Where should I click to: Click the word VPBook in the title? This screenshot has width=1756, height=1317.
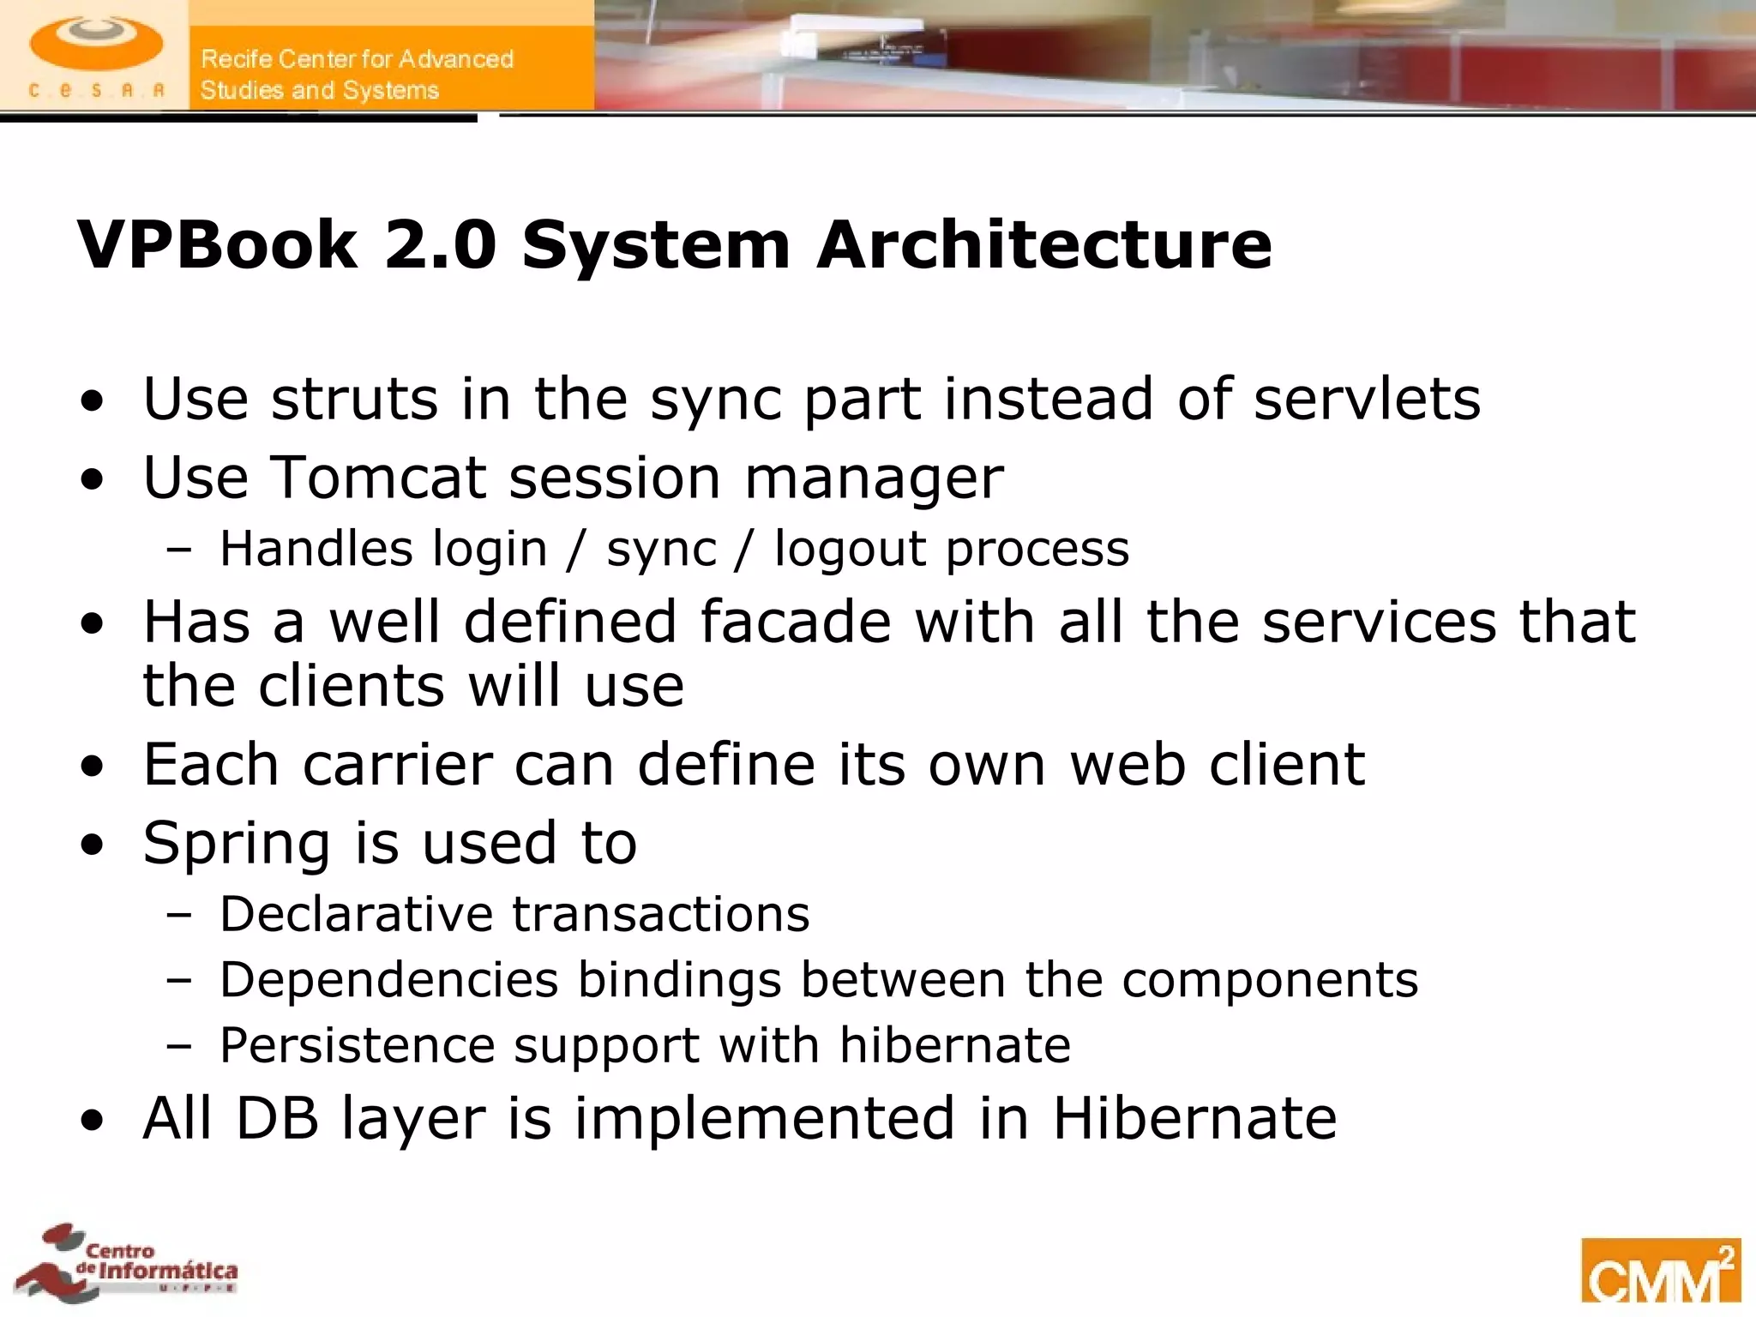217,245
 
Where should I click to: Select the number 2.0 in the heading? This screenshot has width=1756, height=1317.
440,245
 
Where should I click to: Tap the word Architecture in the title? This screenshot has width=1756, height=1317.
1043,245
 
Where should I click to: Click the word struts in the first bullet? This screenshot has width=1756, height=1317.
354,399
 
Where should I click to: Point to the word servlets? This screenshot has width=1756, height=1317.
1367,399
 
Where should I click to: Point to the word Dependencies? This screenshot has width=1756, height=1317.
388,979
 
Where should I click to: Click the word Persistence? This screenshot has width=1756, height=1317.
358,1045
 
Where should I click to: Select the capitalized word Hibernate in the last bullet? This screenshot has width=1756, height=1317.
1194,1118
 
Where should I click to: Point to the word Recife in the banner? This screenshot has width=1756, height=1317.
237,59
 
